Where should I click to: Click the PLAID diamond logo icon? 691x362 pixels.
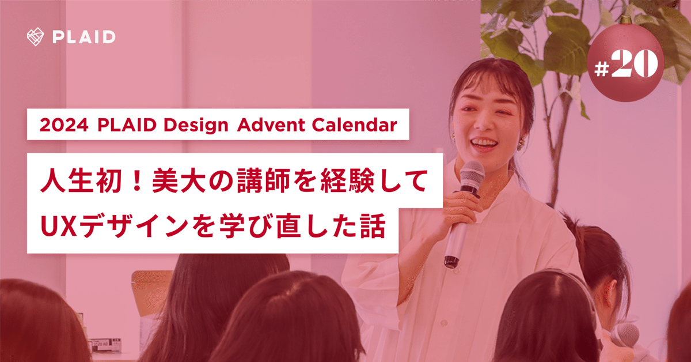point(35,37)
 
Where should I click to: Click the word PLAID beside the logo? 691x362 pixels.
point(84,37)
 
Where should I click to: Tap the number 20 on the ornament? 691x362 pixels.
point(634,63)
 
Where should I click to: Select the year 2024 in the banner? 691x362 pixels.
point(64,125)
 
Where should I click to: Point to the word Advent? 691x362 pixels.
point(271,125)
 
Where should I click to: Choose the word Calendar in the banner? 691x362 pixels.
point(354,125)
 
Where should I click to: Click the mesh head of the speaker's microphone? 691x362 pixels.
point(472,175)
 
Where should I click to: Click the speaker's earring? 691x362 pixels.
point(521,144)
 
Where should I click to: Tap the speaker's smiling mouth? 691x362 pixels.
point(485,144)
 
